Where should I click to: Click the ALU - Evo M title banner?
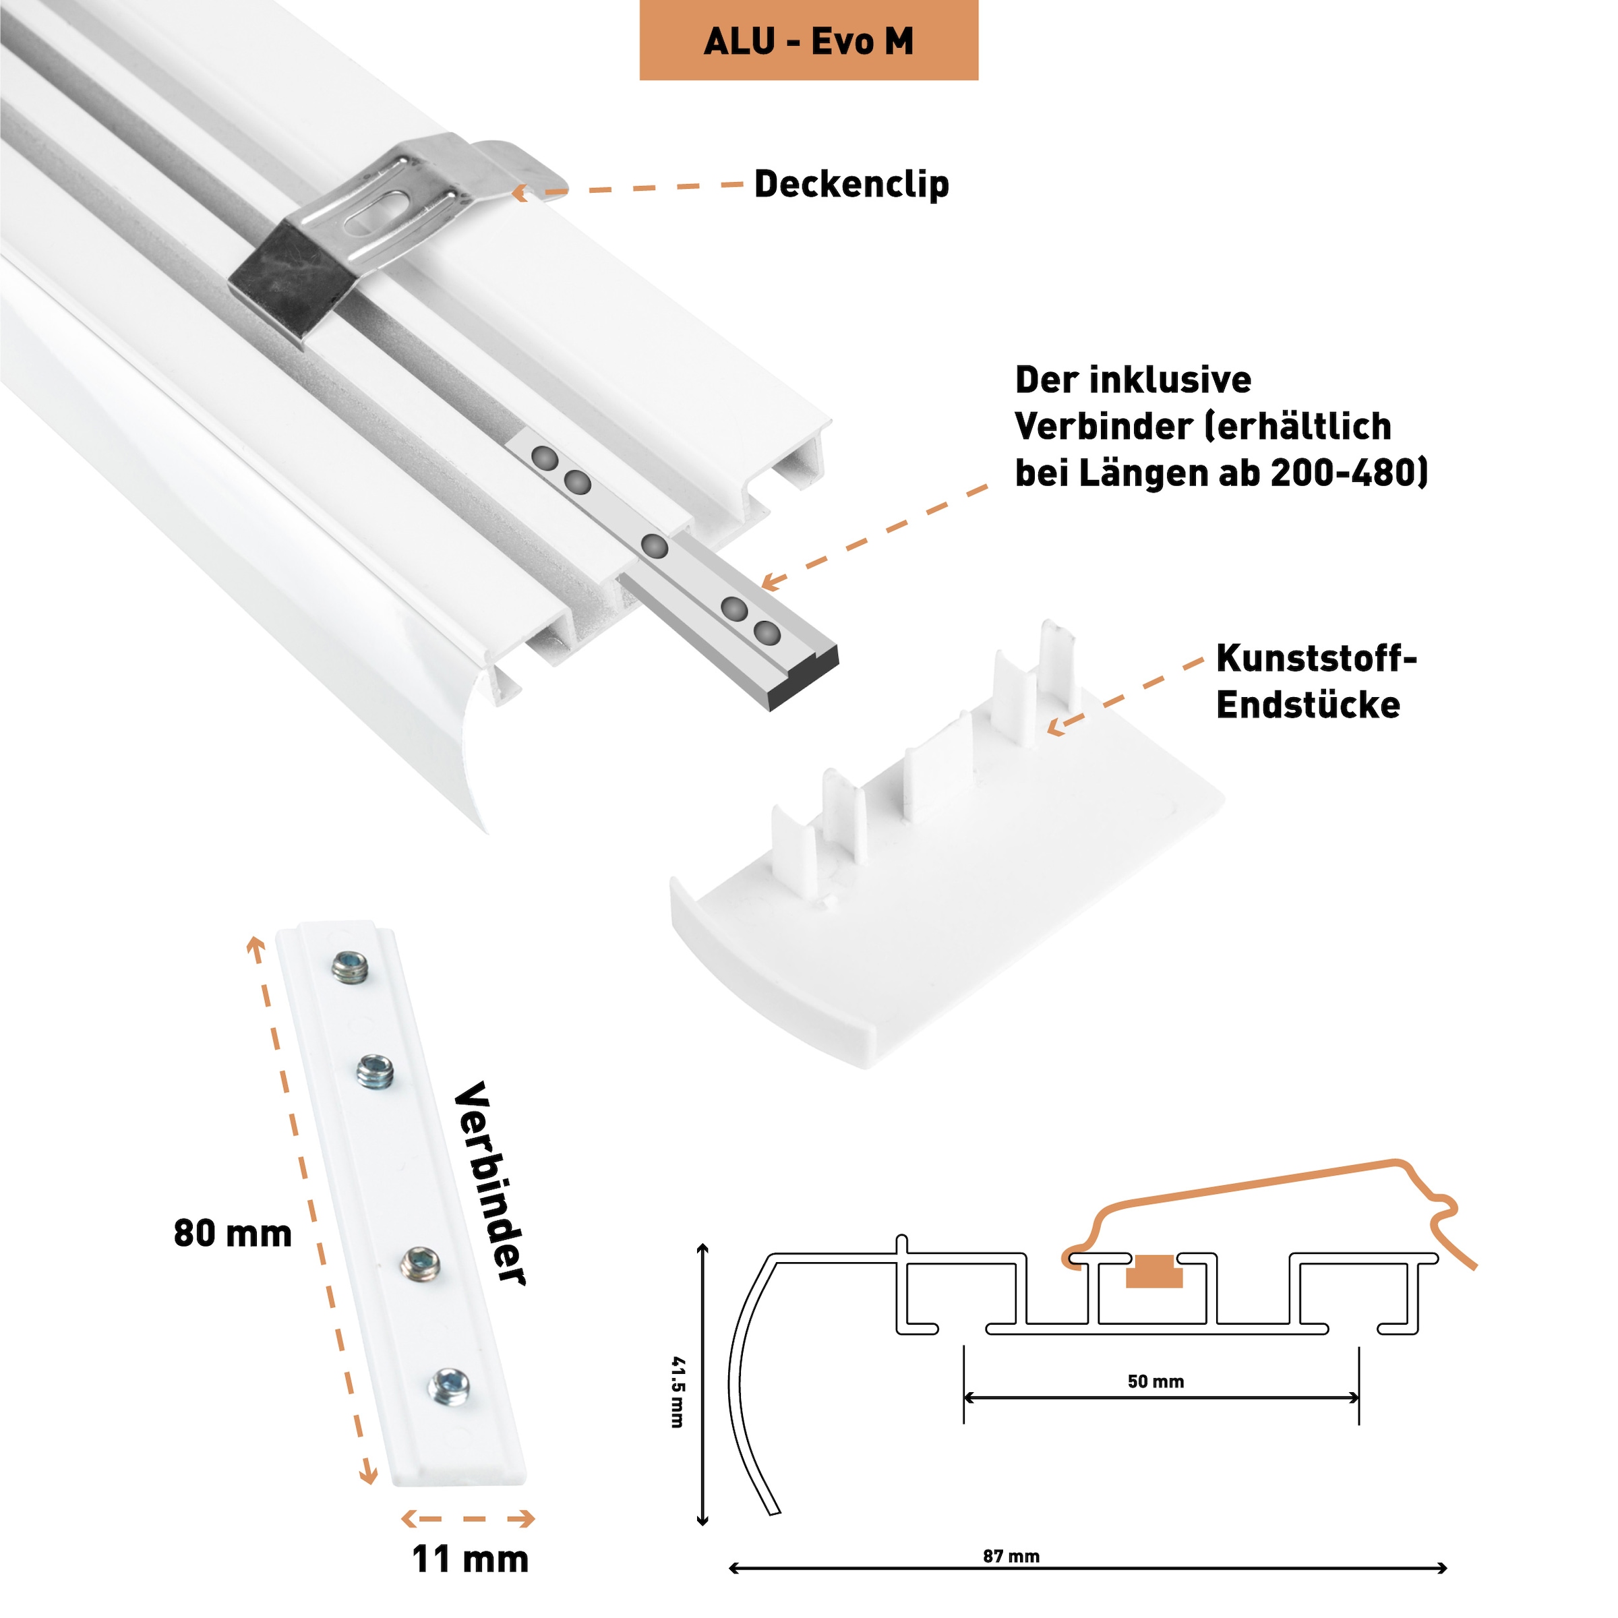pos(808,40)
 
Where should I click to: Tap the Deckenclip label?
pos(851,184)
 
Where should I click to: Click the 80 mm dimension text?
pos(233,1234)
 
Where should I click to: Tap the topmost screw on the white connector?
pos(350,969)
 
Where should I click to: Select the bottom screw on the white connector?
pos(450,1387)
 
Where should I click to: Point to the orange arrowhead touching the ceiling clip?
pos(520,193)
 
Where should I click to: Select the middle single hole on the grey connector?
pos(654,546)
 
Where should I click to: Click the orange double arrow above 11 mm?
pos(468,1518)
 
